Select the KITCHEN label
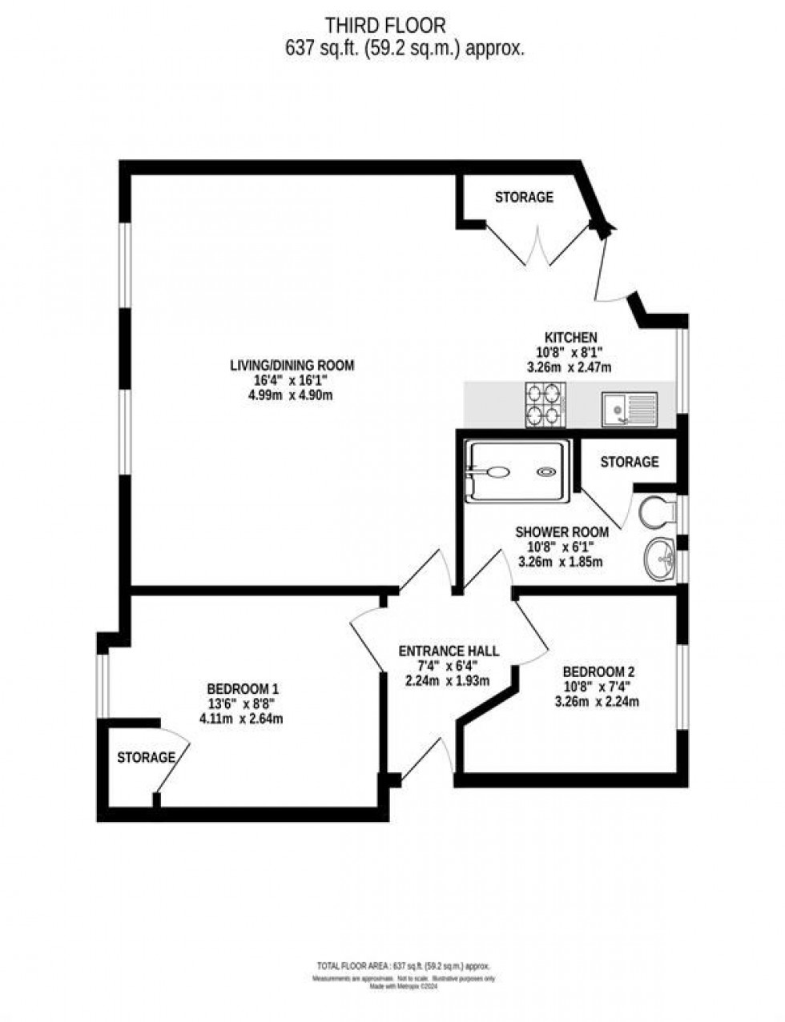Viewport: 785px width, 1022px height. coord(570,338)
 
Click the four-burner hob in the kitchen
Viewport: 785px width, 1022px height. coord(545,405)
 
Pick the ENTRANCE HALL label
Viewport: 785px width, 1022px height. coord(449,651)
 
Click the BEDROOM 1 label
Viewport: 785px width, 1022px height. coord(243,689)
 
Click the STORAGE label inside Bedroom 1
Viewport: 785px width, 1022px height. coord(146,757)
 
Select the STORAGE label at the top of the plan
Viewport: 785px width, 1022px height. coord(524,197)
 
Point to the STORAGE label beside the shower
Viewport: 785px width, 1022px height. coord(630,462)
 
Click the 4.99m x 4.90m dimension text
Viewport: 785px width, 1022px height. coord(291,395)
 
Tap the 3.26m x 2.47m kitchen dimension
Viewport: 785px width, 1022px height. coord(570,367)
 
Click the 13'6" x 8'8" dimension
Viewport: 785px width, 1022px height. coord(242,703)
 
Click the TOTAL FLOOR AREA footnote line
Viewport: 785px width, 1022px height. coord(392,967)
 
